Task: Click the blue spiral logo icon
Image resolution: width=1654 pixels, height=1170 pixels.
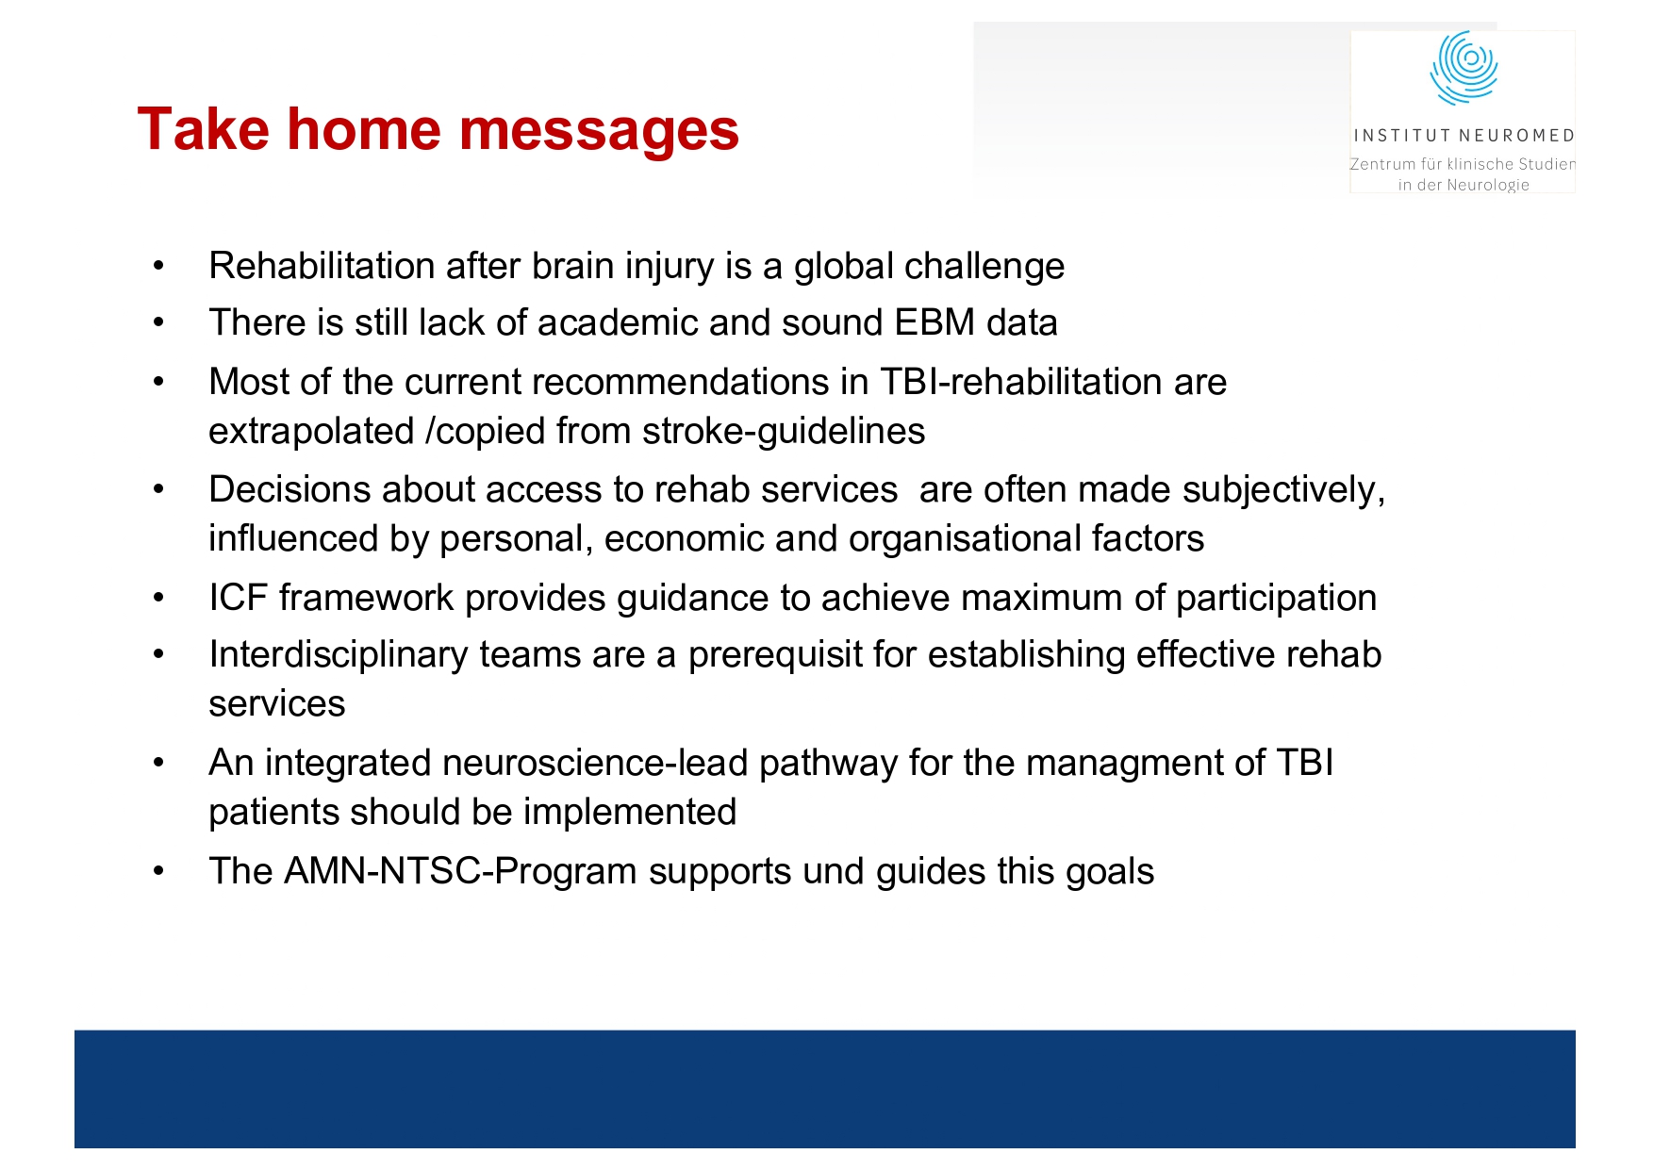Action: (x=1464, y=67)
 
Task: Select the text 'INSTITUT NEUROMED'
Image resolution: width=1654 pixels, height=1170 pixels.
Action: (x=1464, y=136)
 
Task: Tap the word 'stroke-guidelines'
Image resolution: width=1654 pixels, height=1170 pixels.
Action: (x=784, y=431)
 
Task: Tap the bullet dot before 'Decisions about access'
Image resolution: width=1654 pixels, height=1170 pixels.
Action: (x=159, y=489)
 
